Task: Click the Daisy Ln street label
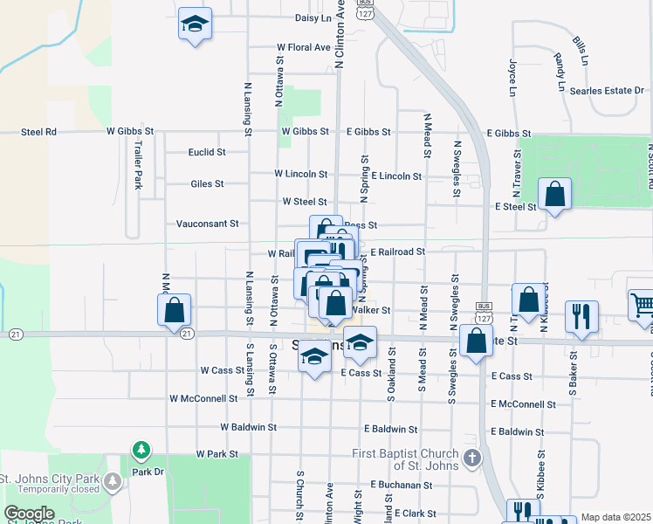(x=314, y=17)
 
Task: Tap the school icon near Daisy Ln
(x=195, y=24)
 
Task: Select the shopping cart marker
(x=642, y=305)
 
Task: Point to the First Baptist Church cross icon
(x=472, y=458)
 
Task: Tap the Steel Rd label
(x=39, y=132)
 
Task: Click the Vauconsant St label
(x=208, y=224)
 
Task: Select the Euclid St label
(x=207, y=152)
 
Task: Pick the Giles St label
(x=208, y=184)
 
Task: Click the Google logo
(x=29, y=514)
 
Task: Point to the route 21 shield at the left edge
(x=15, y=334)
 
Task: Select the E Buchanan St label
(x=402, y=484)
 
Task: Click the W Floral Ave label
(x=303, y=47)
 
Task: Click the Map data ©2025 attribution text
(x=616, y=517)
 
